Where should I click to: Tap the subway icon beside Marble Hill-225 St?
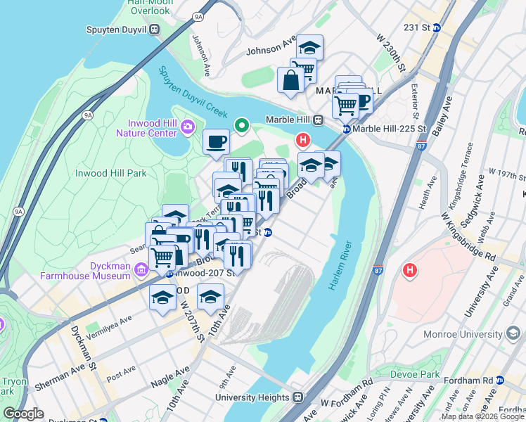click(x=347, y=129)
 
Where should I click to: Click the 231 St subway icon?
click(x=436, y=28)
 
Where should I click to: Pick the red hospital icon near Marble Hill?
click(x=303, y=140)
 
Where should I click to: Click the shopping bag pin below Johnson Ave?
click(x=290, y=81)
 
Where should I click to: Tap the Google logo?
click(x=23, y=414)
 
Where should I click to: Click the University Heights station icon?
click(x=297, y=397)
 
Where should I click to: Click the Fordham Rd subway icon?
click(x=500, y=380)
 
